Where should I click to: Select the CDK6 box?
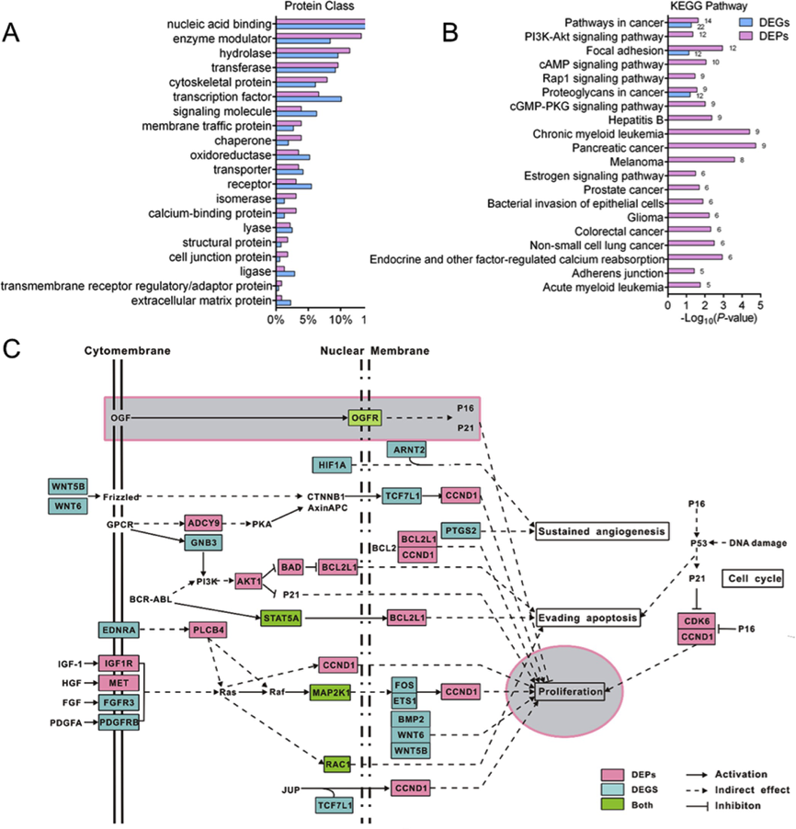coord(695,620)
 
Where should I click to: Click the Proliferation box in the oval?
coord(570,690)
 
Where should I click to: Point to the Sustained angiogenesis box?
coord(601,531)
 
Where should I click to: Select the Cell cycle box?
coord(752,578)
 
